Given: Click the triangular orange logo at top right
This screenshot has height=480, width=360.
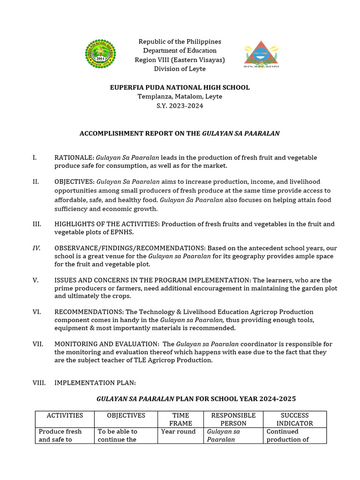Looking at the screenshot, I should click(261, 54).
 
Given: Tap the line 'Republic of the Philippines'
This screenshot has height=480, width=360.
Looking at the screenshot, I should click(180, 42).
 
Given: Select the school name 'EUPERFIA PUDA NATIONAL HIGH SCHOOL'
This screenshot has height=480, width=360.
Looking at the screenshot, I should click(180, 88).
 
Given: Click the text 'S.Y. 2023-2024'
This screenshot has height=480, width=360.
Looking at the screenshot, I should click(180, 106).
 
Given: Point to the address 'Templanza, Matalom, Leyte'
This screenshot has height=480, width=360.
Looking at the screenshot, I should click(180, 97).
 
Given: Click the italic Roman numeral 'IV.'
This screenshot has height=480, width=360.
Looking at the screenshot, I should click(37, 248).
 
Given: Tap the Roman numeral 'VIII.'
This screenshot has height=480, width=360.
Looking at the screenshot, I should click(39, 383).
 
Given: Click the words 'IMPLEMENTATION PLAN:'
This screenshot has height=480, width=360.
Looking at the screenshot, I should click(95, 383).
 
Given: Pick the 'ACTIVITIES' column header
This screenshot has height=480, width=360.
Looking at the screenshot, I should click(65, 415).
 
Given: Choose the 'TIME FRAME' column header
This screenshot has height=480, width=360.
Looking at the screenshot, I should click(180, 419).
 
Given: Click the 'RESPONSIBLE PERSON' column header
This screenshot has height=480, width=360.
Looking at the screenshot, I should click(233, 419).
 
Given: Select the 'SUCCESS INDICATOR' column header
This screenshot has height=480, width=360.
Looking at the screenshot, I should click(294, 419).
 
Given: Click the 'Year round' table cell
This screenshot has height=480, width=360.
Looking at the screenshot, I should click(178, 432).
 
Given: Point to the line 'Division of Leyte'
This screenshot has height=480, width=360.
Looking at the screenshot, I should click(180, 69).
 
